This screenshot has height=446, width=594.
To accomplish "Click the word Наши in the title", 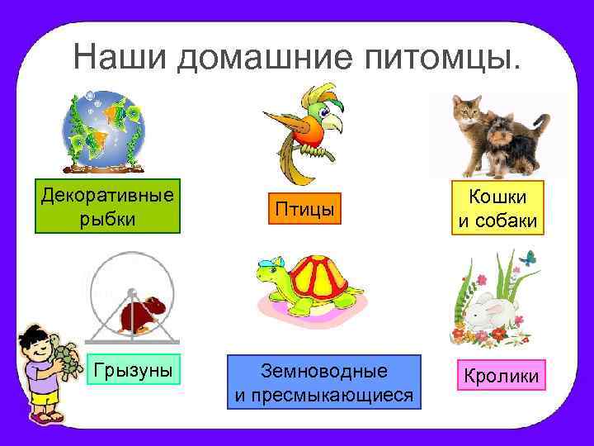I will [120, 57].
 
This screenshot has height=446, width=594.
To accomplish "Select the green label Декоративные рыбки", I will [107, 205].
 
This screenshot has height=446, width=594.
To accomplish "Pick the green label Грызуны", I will [133, 370].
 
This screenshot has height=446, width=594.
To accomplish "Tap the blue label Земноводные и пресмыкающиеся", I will [323, 382].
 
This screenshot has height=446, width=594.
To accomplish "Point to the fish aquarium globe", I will [103, 128].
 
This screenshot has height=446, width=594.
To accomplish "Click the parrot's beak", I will [332, 124].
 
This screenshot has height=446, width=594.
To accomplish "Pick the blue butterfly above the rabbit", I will [528, 259].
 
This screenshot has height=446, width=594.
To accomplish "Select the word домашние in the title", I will [268, 57].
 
